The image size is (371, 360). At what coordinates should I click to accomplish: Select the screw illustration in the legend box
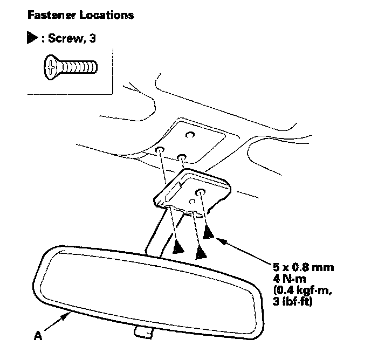pos(70,67)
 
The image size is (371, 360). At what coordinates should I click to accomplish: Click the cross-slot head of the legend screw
pos(50,67)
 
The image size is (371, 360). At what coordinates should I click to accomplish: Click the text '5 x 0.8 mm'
pos(304,267)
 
